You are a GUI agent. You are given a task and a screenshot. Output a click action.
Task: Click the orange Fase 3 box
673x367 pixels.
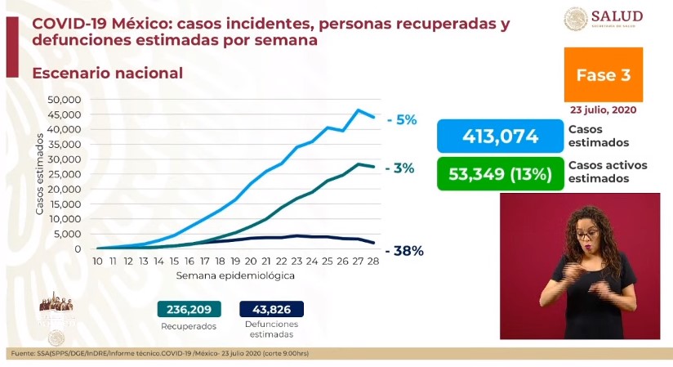pos(603,74)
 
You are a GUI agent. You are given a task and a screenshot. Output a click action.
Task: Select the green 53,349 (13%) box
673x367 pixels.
pos(500,173)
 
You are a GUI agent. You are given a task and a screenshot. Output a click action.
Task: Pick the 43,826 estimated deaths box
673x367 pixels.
pos(271,309)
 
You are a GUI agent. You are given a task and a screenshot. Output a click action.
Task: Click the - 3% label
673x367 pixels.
pos(401,168)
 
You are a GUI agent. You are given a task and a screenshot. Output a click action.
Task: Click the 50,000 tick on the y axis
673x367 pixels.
pos(65,100)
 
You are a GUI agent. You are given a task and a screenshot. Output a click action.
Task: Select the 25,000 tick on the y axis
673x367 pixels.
pos(65,175)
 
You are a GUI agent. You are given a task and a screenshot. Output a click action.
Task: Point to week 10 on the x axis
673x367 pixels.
pos(97,261)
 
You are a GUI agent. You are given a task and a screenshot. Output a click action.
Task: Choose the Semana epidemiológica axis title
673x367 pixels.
pos(235,276)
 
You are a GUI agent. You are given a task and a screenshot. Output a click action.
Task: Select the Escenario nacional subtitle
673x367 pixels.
pos(107,74)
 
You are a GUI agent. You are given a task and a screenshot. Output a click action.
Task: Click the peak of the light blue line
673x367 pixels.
pos(359,110)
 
